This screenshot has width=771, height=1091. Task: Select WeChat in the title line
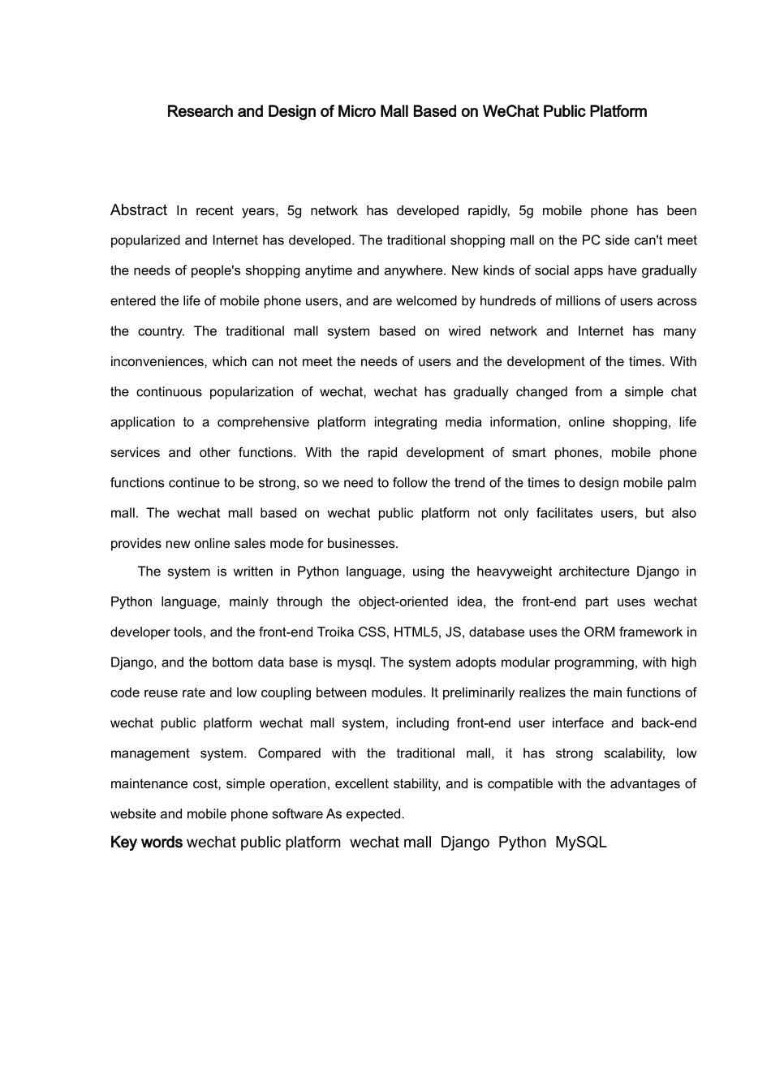pyautogui.click(x=507, y=111)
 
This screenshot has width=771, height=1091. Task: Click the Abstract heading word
pyautogui.click(x=139, y=210)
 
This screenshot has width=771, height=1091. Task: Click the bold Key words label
pyautogui.click(x=146, y=843)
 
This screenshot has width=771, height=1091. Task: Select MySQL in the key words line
pyautogui.click(x=581, y=843)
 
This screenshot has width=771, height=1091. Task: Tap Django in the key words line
pyautogui.click(x=465, y=843)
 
